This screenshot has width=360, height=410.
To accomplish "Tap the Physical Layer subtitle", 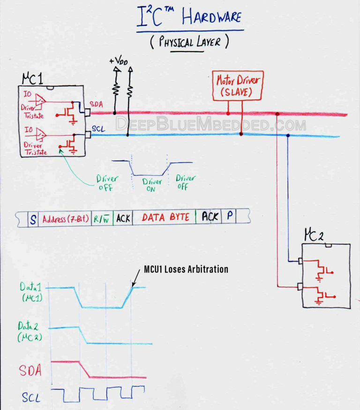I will pyautogui.click(x=189, y=42).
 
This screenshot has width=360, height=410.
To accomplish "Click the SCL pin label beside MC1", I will pyautogui.click(x=97, y=128).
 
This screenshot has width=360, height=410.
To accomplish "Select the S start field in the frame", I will pyautogui.click(x=33, y=219).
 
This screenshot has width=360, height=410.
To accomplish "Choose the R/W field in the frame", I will pyautogui.click(x=102, y=219).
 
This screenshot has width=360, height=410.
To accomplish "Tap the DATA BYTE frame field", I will pyautogui.click(x=165, y=218).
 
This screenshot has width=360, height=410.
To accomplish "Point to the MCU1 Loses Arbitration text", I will pyautogui.click(x=186, y=269).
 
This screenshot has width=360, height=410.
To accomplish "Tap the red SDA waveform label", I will pyautogui.click(x=30, y=371).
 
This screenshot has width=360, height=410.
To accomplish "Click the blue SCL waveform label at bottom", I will pyautogui.click(x=31, y=398).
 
